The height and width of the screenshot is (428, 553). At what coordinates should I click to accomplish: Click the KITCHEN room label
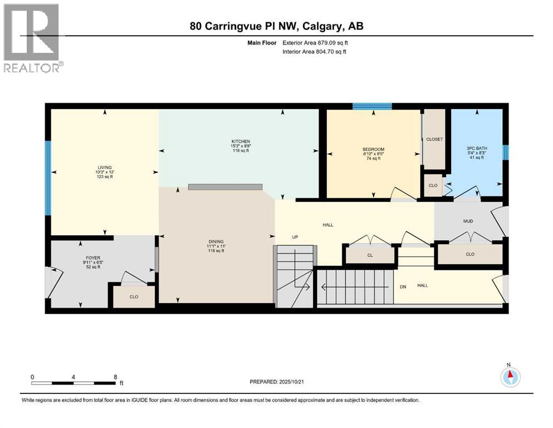click(241, 142)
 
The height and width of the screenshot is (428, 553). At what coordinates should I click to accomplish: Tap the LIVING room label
click(104, 167)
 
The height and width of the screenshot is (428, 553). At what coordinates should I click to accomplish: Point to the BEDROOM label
click(373, 149)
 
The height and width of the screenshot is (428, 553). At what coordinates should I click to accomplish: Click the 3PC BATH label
click(476, 148)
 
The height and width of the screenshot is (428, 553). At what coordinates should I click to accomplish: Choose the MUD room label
click(468, 221)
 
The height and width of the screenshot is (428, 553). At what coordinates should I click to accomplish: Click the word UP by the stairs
click(295, 237)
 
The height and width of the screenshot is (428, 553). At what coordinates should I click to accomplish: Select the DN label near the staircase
click(403, 287)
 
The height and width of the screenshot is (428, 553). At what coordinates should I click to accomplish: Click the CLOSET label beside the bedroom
click(434, 139)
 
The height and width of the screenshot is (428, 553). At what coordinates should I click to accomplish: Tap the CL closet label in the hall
click(370, 255)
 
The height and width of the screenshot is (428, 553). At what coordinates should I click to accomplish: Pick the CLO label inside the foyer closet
click(134, 296)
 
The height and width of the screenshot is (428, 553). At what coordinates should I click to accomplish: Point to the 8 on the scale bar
click(115, 377)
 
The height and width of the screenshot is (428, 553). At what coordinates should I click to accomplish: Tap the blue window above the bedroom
click(371, 106)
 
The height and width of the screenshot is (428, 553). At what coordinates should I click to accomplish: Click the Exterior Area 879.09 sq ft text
click(316, 42)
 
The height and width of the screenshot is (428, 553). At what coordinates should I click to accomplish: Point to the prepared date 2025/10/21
click(277, 382)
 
